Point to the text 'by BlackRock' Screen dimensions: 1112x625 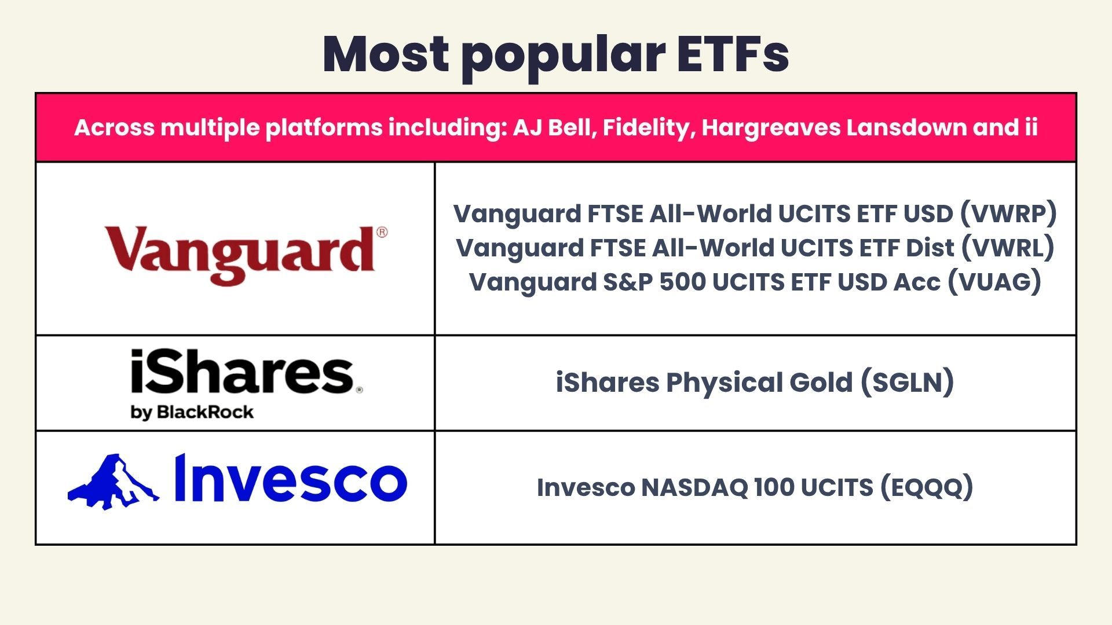click(x=192, y=412)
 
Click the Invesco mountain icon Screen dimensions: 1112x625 click(x=114, y=481)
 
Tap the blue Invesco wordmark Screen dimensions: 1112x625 click(x=291, y=479)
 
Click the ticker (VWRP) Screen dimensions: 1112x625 click(x=1008, y=214)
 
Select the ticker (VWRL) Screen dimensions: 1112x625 click(x=1008, y=248)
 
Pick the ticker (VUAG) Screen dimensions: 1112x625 click(x=994, y=282)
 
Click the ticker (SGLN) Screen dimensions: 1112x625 click(x=907, y=383)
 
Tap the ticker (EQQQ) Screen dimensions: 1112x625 click(x=927, y=487)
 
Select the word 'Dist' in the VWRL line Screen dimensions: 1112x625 click(x=930, y=248)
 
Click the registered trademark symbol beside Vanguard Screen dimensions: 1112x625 click(x=382, y=233)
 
